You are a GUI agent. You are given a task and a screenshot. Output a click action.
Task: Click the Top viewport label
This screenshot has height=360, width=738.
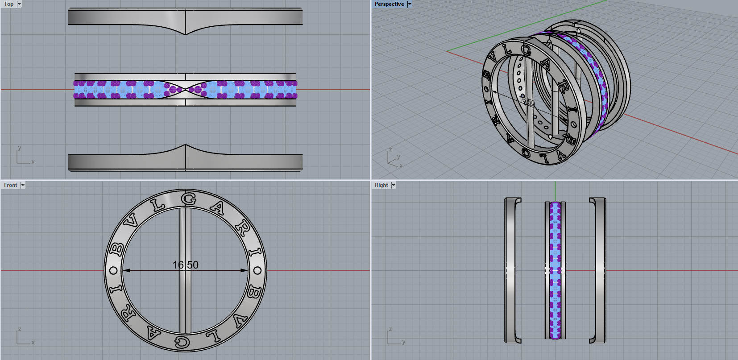pos(8,4)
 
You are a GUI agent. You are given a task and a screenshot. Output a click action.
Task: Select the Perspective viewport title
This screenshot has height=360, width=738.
pos(389,4)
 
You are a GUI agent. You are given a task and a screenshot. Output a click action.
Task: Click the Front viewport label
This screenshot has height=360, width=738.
pos(11,185)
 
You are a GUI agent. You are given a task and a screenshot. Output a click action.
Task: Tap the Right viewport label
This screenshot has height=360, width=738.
pos(381,185)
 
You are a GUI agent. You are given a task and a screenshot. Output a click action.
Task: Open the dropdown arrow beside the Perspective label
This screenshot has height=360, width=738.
pos(410,4)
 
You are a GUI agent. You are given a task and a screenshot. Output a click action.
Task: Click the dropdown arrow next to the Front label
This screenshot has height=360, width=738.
pos(23,185)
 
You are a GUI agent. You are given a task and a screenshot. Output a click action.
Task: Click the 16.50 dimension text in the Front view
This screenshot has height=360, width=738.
pos(185,265)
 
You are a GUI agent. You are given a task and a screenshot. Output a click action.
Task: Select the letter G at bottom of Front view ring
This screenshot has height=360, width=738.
pos(182,342)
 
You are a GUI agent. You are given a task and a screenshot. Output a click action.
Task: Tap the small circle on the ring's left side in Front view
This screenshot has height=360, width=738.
pos(113,270)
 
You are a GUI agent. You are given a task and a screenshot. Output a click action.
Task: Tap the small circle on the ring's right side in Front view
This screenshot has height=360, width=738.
pos(257,270)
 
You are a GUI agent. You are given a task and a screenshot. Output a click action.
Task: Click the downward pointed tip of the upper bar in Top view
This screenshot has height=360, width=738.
pos(185,34)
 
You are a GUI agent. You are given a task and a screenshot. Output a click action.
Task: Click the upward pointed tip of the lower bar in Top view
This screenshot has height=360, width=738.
pos(185,145)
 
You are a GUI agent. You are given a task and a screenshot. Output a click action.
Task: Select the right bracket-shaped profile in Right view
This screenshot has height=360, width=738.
pos(598,270)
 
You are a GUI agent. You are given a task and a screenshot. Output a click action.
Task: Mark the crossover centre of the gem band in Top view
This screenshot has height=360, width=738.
pos(185,89)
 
